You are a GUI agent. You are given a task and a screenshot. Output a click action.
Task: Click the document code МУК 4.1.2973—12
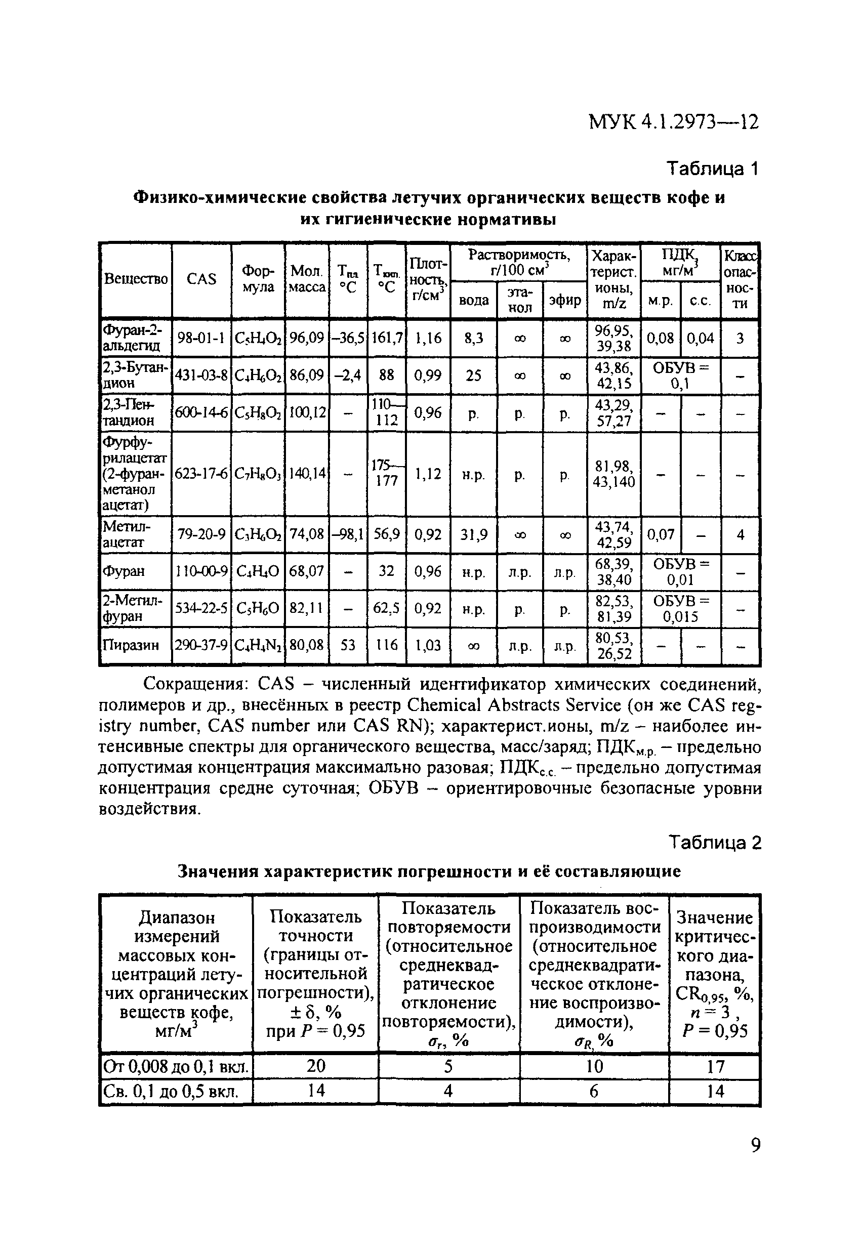(674, 122)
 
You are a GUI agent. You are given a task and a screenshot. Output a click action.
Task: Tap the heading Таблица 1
(713, 169)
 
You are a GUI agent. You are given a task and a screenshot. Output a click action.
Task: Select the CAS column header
(201, 279)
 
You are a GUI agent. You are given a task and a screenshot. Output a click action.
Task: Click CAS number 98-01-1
(201, 338)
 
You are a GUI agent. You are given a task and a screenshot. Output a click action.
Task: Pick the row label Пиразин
(131, 645)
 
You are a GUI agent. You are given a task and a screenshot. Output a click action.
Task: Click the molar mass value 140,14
(306, 474)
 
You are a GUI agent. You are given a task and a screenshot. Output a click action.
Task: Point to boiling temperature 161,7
(386, 338)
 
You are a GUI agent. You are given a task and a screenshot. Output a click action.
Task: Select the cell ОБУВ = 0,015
(681, 609)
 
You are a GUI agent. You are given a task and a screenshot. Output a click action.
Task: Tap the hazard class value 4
(740, 534)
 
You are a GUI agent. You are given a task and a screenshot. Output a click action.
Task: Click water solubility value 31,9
(473, 534)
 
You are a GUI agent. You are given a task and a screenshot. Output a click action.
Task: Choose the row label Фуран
(124, 571)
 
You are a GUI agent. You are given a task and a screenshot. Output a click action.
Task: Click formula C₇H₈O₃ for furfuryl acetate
(258, 474)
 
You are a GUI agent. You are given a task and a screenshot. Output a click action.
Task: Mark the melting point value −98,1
(347, 534)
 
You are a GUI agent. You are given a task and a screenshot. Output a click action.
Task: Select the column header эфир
(564, 300)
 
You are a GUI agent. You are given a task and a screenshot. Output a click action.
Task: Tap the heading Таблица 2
(715, 843)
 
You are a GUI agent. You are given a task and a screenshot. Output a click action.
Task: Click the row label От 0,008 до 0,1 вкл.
(176, 1067)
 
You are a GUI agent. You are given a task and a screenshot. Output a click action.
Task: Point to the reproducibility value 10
(594, 1066)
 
